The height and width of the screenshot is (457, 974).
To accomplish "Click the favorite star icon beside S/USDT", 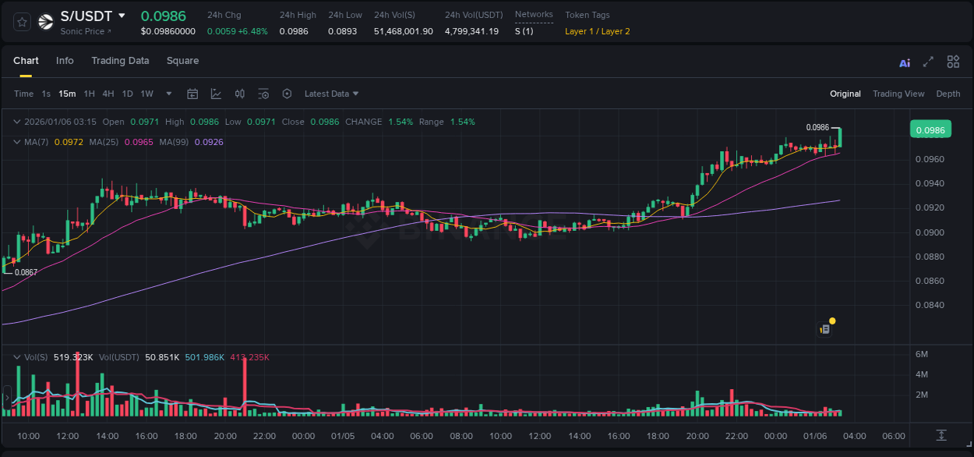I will pos(23,22).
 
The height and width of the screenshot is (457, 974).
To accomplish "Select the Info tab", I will pos(65,61).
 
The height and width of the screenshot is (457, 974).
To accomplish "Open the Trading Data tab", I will pos(120,61).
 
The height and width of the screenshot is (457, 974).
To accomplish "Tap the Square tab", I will pos(182,61).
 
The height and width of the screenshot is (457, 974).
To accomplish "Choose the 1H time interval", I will pos(89,94).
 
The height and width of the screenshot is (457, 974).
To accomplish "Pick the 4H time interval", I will pos(108,94).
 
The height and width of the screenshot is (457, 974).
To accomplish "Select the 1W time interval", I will pos(146,94).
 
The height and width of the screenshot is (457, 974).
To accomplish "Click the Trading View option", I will pos(898,94).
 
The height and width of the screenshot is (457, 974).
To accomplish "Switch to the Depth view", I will pos(948,94).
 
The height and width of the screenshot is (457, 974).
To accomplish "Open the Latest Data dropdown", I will pos(331,94).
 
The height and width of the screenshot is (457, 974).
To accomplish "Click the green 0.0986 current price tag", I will pos(930,130).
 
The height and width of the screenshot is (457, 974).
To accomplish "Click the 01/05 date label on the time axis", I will pos(343,436).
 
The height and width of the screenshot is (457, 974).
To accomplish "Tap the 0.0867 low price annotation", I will pos(26,272).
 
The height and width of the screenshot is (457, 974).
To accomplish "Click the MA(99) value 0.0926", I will pos(209,142).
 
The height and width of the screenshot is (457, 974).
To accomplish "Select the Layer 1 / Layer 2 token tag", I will pos(597,31).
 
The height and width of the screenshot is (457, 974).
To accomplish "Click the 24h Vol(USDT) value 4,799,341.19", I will pos(471,31).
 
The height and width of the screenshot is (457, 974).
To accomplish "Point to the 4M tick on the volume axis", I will pos(921,374).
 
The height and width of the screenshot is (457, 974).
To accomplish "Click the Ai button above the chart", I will pos(905,63).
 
